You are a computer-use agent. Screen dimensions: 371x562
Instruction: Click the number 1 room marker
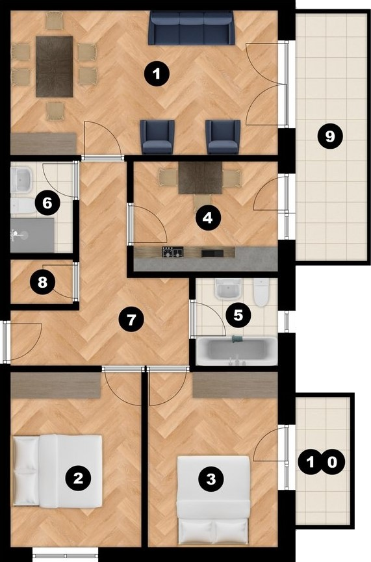157,74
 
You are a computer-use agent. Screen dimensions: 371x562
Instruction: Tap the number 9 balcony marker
330,136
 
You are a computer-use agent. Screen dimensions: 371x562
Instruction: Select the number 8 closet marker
42,282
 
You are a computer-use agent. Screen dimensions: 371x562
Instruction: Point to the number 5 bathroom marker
238,315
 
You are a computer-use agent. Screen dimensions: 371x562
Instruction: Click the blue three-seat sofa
192,28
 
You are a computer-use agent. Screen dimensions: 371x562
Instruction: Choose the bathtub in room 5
237,351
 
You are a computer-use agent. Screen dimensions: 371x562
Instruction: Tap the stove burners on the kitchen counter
173,252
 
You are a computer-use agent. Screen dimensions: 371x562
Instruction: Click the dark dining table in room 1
55,66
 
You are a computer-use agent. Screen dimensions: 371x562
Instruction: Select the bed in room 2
58,471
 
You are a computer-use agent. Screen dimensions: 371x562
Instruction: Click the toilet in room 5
261,292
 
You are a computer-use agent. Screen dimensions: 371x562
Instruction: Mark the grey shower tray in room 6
32,235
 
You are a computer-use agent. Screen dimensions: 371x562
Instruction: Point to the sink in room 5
228,289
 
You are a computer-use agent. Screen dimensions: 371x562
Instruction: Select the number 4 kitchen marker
207,217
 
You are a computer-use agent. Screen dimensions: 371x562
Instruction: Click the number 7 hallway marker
131,319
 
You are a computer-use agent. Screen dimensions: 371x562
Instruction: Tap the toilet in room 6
22,206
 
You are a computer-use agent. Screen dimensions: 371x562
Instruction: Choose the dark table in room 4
200,178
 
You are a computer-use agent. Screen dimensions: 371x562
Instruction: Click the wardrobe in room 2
56,385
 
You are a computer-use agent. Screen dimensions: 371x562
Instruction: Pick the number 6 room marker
47,203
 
